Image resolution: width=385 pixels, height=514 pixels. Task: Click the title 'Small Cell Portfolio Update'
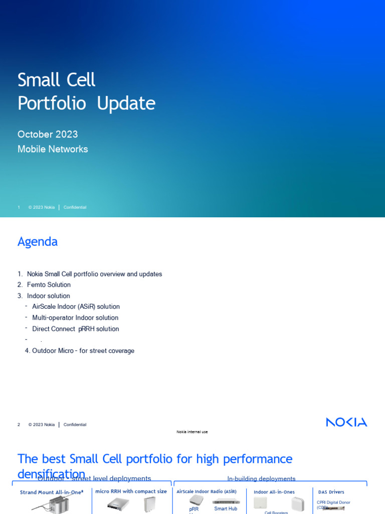click(x=86, y=91)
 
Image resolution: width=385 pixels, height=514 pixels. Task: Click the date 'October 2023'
click(x=48, y=135)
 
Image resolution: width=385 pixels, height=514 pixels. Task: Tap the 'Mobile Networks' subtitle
click(x=53, y=149)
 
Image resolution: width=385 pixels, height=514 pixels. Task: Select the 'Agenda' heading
click(x=38, y=241)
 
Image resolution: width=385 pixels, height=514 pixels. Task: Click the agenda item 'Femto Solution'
click(x=49, y=285)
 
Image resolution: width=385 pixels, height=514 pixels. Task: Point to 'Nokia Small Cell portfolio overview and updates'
click(x=94, y=274)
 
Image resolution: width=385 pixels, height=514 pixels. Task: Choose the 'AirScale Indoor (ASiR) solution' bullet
click(x=76, y=307)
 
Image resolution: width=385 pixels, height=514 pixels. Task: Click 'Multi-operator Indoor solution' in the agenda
click(x=75, y=318)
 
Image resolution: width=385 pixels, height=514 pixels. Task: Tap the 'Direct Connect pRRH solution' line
click(x=76, y=329)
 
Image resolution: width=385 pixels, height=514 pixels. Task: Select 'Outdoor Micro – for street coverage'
click(x=83, y=351)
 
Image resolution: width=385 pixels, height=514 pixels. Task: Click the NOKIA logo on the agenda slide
click(x=346, y=422)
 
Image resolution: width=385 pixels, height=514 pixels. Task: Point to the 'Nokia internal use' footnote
click(x=192, y=432)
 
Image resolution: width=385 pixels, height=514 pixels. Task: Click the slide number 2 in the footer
click(x=19, y=425)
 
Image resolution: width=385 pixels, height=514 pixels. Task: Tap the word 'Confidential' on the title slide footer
click(x=75, y=207)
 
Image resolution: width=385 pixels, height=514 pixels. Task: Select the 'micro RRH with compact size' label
click(x=131, y=491)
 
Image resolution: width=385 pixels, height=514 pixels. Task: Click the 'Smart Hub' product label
click(x=226, y=508)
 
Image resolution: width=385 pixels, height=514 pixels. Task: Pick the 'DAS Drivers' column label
click(x=331, y=492)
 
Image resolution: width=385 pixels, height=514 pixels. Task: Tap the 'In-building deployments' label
click(x=261, y=479)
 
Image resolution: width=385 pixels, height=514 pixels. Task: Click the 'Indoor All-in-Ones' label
click(x=274, y=492)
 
